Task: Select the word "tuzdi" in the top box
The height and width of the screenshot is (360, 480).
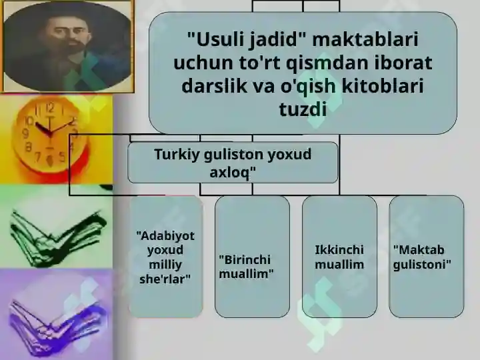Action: tap(303, 109)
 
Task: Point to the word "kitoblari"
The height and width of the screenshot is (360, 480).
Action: tap(383, 85)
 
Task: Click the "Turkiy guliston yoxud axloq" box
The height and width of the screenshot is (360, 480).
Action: tap(233, 163)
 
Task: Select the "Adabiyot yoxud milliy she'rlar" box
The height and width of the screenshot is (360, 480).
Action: tap(165, 257)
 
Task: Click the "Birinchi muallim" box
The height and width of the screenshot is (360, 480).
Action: tap(252, 257)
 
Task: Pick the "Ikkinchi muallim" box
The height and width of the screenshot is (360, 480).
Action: tap(339, 257)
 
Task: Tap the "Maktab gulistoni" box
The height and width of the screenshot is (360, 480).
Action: tap(427, 257)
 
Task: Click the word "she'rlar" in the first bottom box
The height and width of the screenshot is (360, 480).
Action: tap(165, 279)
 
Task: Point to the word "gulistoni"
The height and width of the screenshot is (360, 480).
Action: tap(422, 265)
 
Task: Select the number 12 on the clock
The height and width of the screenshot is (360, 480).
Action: tap(50, 107)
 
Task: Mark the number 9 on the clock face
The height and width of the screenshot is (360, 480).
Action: tap(26, 133)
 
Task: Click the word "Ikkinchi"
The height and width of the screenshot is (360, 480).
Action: tap(339, 250)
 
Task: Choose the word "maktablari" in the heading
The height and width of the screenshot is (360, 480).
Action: tap(365, 40)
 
